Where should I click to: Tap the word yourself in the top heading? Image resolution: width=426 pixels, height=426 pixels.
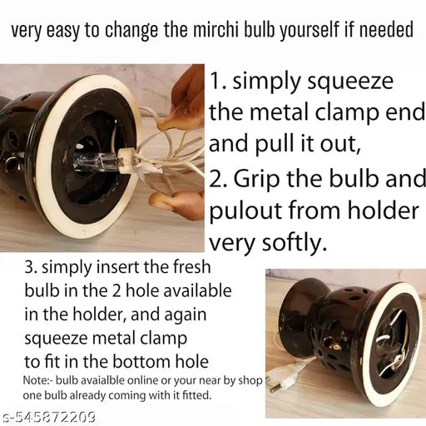tap(310, 31)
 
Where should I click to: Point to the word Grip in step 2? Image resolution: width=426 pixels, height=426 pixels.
tap(256, 178)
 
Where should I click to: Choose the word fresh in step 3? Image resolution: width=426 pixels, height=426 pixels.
tap(191, 267)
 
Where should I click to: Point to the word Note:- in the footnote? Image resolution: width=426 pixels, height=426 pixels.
tap(37, 380)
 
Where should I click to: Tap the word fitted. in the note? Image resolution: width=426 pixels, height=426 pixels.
tap(196, 394)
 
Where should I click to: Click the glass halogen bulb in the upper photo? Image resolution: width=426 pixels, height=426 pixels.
tap(96, 163)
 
